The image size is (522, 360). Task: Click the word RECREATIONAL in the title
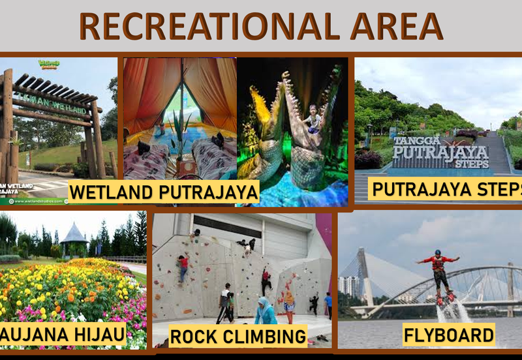click(208, 26)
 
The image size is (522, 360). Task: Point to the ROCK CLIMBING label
click(238, 336)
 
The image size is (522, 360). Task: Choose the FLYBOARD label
click(448, 335)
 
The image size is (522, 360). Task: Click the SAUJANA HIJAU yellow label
click(62, 334)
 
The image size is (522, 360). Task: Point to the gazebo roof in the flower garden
click(74, 233)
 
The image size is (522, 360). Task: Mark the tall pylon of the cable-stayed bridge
click(364, 274)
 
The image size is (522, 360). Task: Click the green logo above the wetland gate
click(48, 64)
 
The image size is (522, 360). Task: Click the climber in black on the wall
click(266, 280)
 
